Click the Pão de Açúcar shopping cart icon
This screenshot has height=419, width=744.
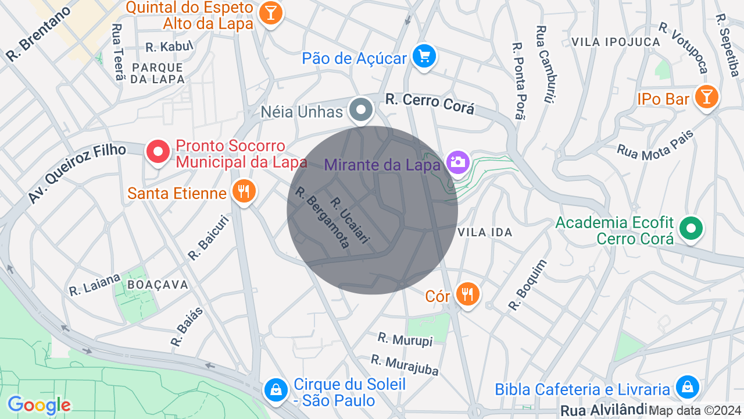424,57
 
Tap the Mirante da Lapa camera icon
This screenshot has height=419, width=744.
457,161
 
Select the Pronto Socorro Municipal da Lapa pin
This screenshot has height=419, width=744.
158,152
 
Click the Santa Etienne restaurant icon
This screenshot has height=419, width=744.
244,191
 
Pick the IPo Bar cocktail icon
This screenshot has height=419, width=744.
706,97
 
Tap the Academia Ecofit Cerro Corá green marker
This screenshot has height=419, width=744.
691,229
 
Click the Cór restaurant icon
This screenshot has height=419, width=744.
467,294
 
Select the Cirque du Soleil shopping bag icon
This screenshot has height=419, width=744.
276,389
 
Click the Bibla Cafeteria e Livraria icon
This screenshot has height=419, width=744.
687,386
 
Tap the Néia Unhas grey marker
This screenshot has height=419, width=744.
362,109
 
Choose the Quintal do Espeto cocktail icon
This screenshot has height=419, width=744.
270,12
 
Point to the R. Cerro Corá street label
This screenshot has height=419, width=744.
430,104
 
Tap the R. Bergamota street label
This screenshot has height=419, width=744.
323,217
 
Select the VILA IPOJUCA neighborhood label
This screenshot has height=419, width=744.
616,42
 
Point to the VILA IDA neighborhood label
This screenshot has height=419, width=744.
485,232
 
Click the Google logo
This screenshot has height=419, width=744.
39,406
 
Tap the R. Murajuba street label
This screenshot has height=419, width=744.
405,365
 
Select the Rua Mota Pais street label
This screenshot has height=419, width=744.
655,145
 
